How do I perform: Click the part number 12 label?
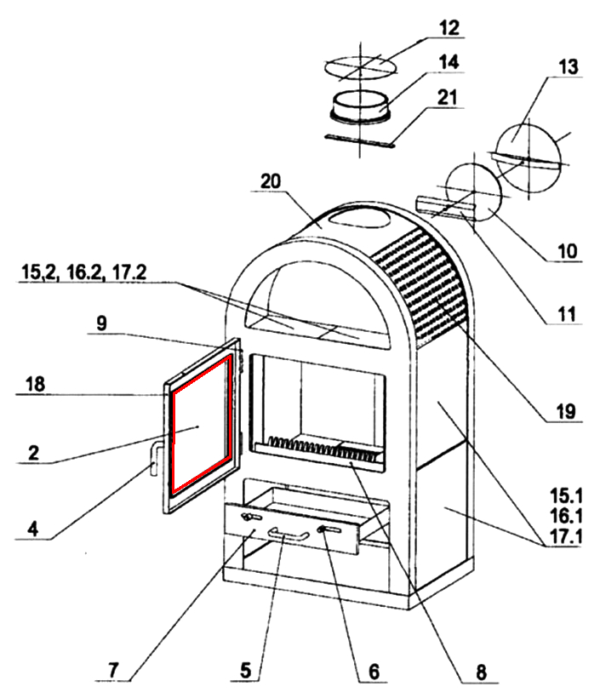tap(449, 28)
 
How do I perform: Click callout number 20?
tap(271, 182)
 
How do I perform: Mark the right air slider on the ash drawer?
tap(329, 530)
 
